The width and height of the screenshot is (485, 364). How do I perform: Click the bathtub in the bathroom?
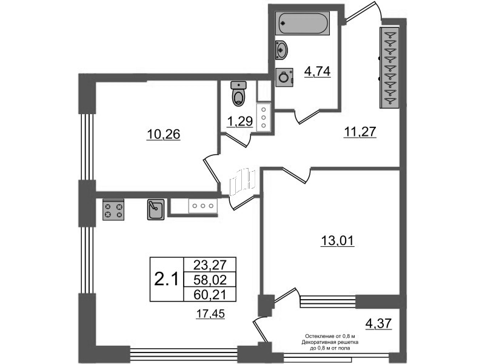[x=303, y=25]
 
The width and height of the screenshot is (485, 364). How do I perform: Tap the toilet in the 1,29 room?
[x=239, y=95]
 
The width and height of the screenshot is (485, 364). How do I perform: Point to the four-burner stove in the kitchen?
[x=113, y=209]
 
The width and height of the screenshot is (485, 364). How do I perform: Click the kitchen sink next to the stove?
[x=155, y=209]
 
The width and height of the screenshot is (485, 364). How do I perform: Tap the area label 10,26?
[x=164, y=134]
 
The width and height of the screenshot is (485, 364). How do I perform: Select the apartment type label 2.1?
[x=166, y=280]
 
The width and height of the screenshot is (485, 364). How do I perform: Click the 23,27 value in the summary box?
[x=208, y=265]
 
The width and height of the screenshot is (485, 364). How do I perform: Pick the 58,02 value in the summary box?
[x=208, y=280]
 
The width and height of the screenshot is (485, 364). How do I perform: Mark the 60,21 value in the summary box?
[x=208, y=295]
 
